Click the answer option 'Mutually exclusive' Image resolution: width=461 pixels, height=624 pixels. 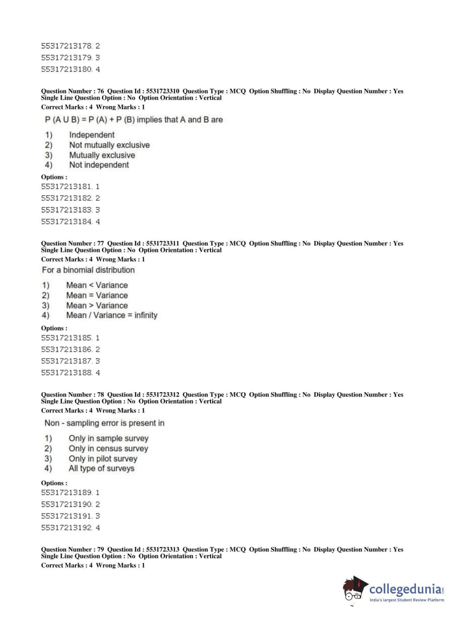(x=102, y=155)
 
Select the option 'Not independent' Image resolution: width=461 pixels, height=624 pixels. (x=99, y=165)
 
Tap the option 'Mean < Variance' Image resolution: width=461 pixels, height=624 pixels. (x=97, y=285)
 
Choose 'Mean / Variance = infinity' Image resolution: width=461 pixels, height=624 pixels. (x=111, y=315)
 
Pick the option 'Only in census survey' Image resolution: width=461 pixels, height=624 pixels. (x=108, y=449)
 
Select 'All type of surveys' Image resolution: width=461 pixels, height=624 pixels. (x=101, y=468)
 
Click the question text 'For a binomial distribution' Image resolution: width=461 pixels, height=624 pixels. (x=88, y=270)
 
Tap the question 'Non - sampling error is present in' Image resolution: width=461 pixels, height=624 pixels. (x=104, y=423)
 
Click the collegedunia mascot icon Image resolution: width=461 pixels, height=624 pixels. (x=355, y=589)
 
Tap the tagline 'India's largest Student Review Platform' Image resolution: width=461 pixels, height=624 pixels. (x=407, y=600)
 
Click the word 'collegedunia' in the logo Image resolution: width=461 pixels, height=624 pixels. (x=405, y=589)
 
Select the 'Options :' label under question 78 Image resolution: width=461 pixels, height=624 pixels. (x=54, y=483)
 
